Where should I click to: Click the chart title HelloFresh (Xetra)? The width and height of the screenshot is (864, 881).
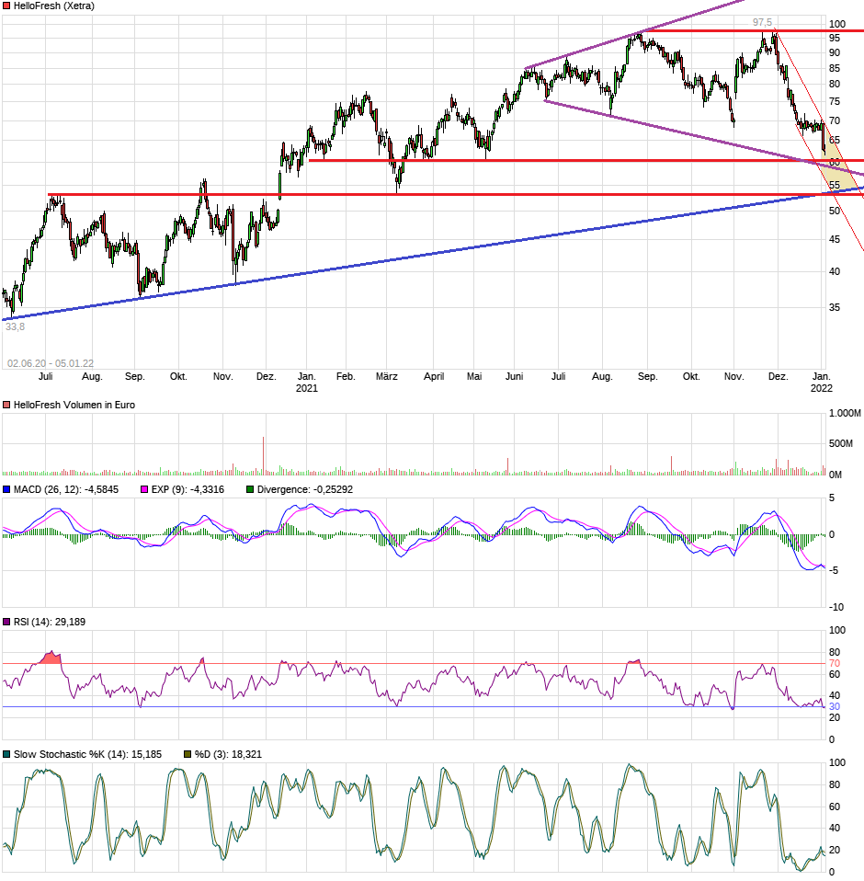[53, 6]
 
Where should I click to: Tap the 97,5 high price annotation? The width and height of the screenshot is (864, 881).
[762, 22]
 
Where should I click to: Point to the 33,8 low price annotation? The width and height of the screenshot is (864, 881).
[14, 326]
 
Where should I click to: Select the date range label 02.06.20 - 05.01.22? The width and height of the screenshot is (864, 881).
[51, 363]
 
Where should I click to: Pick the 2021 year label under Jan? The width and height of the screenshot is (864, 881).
[306, 388]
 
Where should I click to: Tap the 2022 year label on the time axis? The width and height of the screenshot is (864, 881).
[822, 388]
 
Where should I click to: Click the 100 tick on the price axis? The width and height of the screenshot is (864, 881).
[836, 24]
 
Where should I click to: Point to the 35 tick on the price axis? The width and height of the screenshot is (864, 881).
[835, 307]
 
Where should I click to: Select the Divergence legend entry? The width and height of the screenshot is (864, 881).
[304, 489]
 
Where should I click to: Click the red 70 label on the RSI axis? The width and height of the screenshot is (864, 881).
[835, 663]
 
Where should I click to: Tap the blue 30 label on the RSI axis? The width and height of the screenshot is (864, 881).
[835, 706]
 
